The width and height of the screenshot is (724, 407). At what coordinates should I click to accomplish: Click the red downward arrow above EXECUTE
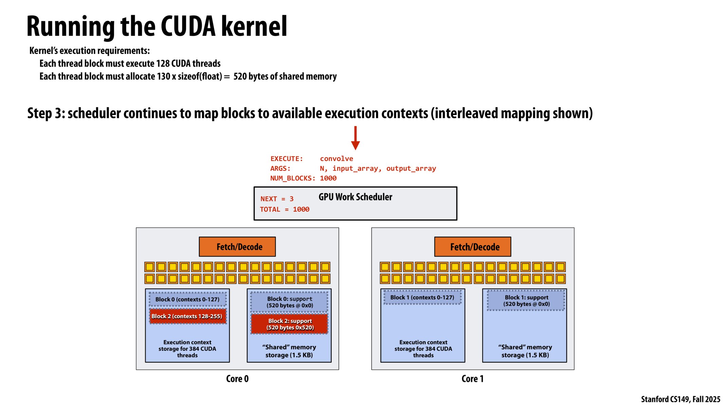355,138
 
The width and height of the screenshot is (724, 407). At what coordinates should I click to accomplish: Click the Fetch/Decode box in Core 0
237,247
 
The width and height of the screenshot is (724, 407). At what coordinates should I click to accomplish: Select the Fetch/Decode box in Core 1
472,247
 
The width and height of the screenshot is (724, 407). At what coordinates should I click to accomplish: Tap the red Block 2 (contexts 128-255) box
187,316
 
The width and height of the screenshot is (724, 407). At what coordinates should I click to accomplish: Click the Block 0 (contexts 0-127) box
187,299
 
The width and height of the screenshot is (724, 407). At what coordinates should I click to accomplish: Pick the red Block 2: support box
290,324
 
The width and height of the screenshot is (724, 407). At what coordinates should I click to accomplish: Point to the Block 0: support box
290,302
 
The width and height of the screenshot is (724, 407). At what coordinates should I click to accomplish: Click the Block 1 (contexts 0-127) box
422,297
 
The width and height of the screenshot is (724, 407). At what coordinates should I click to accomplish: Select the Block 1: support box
526,301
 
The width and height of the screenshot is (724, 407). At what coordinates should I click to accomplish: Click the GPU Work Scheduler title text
355,197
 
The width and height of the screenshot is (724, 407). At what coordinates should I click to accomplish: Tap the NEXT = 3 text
277,199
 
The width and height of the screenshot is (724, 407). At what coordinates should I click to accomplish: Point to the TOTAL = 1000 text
284,210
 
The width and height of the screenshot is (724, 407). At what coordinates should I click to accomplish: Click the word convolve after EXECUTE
336,159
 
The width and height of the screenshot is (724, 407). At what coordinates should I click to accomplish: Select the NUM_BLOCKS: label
293,178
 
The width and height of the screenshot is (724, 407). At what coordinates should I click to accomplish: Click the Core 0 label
237,379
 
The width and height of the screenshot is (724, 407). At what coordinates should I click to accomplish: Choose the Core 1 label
472,379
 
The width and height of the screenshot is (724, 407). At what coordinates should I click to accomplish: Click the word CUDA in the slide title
188,26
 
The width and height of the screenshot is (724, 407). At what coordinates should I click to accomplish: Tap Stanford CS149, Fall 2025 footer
680,399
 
